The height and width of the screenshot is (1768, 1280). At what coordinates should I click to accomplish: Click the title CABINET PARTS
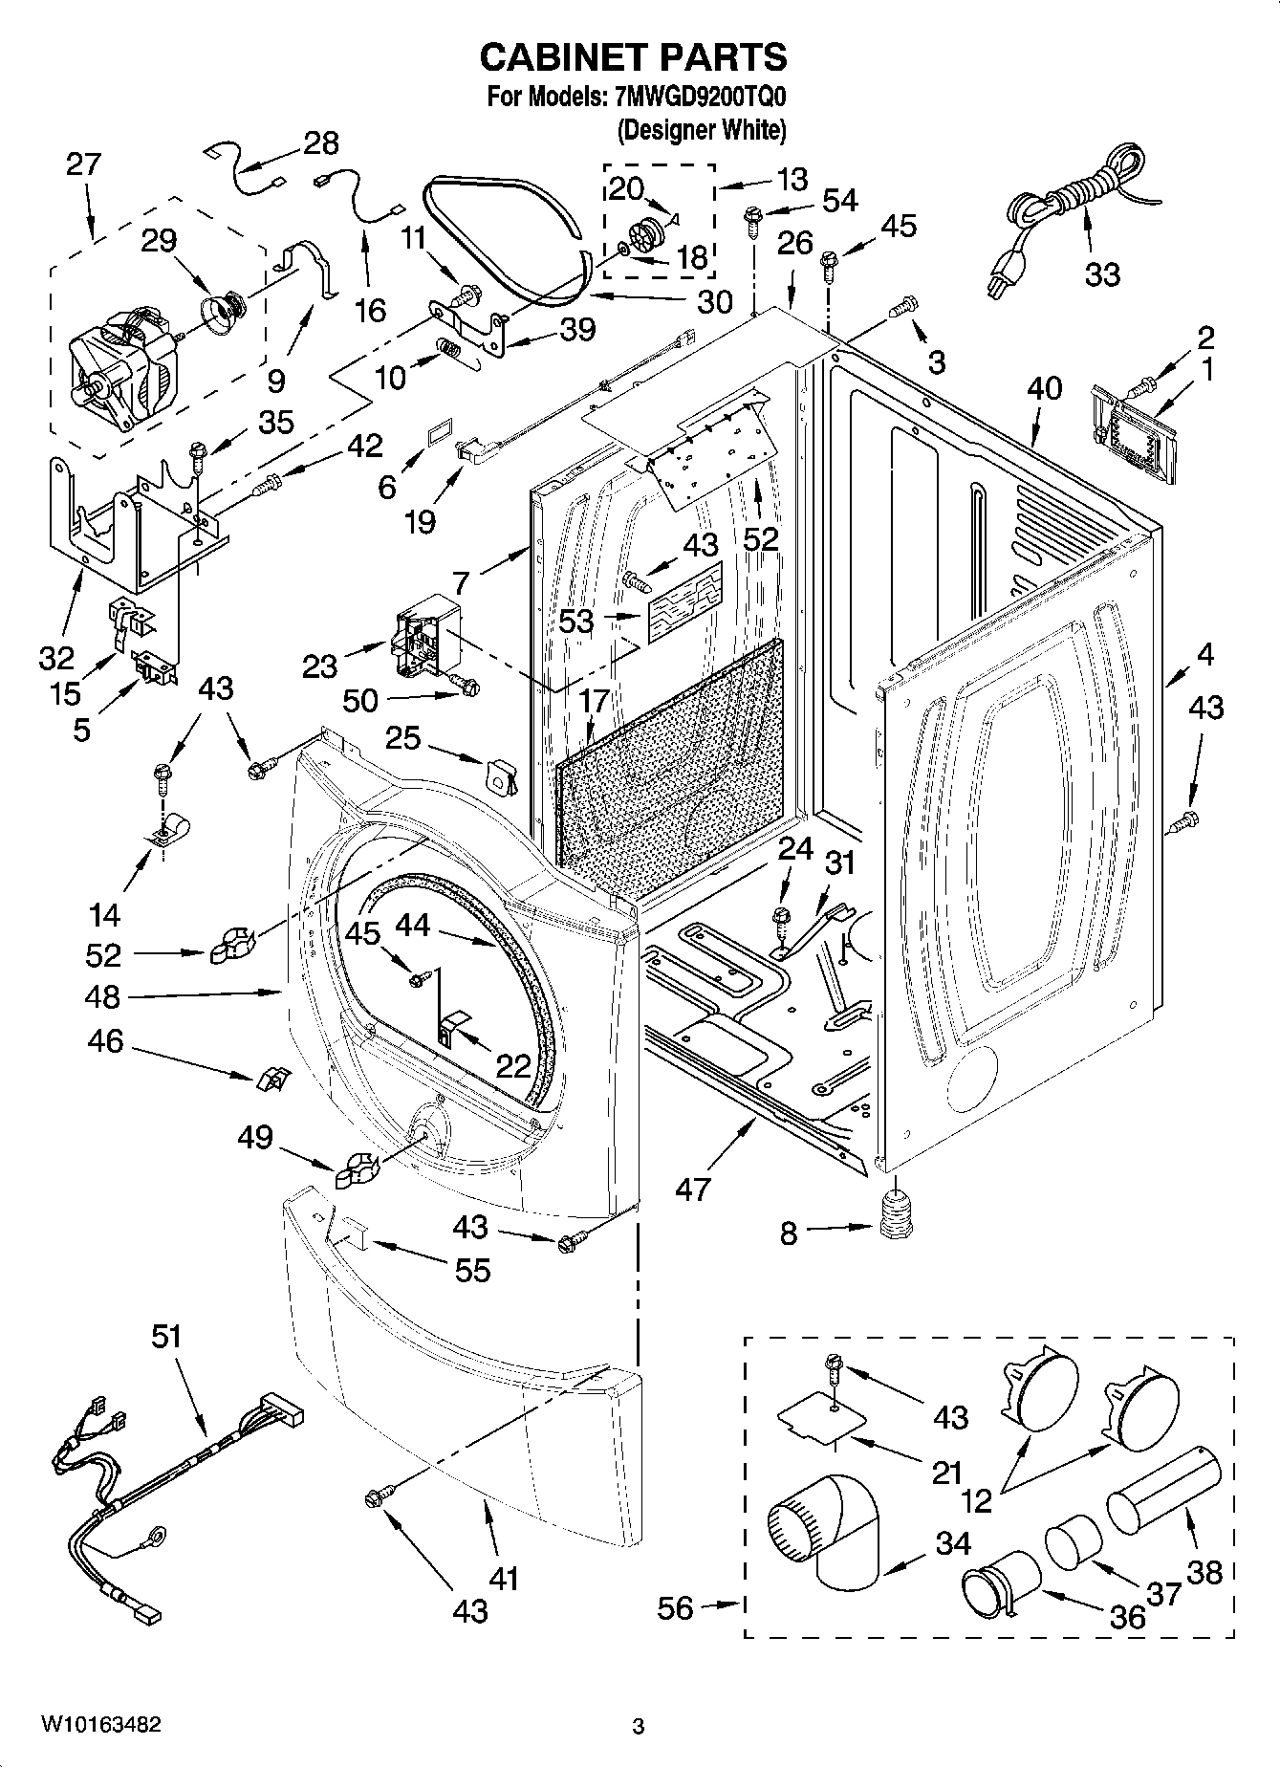point(633,57)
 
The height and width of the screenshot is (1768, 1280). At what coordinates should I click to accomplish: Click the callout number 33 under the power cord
point(1101,274)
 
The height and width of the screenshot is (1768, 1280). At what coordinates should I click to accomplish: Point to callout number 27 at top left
point(83,164)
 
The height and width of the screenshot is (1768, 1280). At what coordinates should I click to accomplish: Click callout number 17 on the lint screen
point(594,701)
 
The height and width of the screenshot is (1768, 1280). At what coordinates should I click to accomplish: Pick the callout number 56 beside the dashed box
point(675,1608)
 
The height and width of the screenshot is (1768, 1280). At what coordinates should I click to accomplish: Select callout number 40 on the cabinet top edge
point(1044,388)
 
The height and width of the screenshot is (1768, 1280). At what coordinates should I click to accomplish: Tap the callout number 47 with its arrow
point(693,1188)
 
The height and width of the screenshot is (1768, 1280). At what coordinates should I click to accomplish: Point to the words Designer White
point(703,130)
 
